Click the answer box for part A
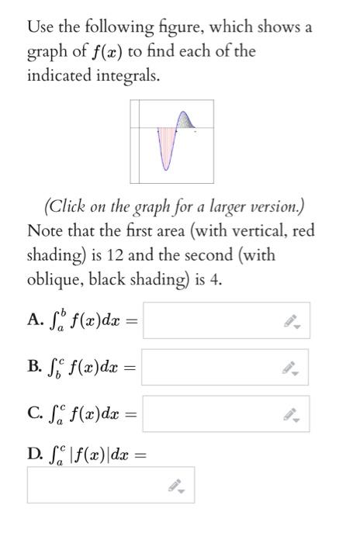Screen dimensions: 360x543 click(226, 320)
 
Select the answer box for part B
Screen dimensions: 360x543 click(224, 367)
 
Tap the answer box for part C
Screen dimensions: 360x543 click(225, 413)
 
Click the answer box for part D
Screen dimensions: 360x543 click(110, 485)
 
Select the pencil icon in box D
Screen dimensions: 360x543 click(175, 486)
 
